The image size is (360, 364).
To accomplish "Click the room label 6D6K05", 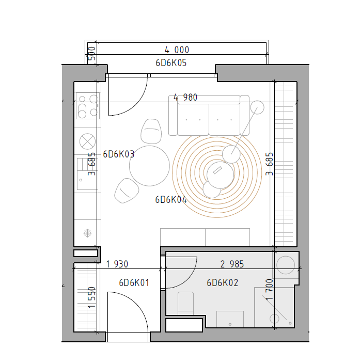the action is (171, 63).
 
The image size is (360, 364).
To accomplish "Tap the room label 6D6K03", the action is (119, 154).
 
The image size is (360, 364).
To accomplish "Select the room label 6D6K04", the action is (171, 200).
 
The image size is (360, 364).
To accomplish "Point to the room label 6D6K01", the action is (134, 283).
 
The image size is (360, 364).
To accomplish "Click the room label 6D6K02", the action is (223, 283).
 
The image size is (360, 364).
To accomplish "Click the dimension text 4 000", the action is (177, 50).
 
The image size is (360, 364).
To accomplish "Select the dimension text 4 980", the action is (185, 98).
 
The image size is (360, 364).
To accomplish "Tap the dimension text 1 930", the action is (117, 264).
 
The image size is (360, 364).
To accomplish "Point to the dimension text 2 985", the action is (232, 264).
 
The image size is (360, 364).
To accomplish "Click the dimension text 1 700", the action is (269, 290).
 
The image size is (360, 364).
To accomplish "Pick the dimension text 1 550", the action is (92, 297).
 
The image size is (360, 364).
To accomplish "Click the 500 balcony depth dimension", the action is (92, 53).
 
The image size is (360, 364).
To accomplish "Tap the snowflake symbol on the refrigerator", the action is (88, 233).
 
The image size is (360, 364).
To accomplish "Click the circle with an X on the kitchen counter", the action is (88, 141).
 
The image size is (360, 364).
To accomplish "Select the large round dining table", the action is (150, 166).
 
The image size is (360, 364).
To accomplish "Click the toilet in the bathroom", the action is (185, 303).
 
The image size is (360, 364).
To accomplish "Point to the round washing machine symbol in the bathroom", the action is (286, 265).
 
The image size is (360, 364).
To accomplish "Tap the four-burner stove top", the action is (88, 106).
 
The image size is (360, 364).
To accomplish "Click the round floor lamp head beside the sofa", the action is (257, 107).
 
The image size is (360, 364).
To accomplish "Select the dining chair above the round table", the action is (151, 131).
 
